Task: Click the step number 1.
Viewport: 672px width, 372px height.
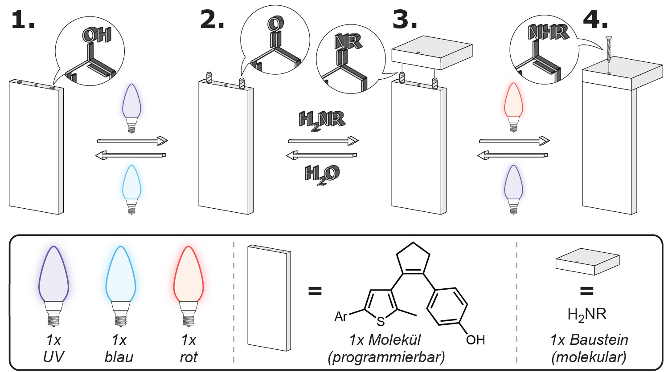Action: click(x=22, y=20)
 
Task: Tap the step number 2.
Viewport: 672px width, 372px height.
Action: click(x=212, y=20)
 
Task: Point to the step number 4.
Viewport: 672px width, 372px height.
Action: click(x=595, y=20)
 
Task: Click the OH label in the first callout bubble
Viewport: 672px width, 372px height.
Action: click(x=96, y=36)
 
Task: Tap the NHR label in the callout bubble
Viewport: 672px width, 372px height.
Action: click(x=548, y=32)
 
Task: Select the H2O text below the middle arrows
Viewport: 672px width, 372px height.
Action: click(x=322, y=174)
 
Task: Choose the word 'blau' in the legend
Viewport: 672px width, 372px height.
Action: click(x=119, y=357)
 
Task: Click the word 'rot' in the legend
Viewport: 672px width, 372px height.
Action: click(x=188, y=357)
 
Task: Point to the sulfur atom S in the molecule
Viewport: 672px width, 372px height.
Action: click(x=380, y=321)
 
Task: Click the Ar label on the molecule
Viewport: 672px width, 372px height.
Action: click(x=341, y=316)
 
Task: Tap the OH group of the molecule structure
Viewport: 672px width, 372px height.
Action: click(x=475, y=340)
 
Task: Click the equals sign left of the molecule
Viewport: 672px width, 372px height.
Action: click(x=315, y=292)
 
